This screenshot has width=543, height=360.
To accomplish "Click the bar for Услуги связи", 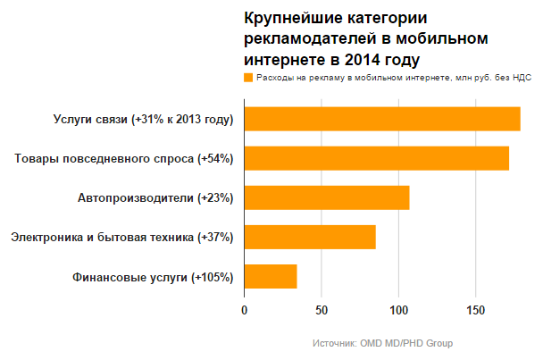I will tap(381, 119).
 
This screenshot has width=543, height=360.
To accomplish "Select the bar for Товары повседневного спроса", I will tap(376, 158).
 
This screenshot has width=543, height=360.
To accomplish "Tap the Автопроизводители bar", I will tap(326, 197).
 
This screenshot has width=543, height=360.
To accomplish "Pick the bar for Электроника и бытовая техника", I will tap(309, 237).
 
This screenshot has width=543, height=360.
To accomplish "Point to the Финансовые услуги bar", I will tap(270, 277).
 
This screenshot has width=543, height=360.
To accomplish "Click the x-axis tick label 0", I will tap(244, 310).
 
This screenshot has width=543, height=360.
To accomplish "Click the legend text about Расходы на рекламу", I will tap(393, 78).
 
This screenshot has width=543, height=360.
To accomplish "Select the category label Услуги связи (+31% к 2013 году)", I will tap(144, 119).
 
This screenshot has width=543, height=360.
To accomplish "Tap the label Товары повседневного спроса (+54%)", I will tap(124, 159).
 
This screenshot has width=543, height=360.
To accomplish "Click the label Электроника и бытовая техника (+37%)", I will tap(121, 238).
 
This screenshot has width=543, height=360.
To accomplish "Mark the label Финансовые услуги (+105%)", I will tap(153, 277).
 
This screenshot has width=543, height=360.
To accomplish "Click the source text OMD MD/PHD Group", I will tap(405, 343).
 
